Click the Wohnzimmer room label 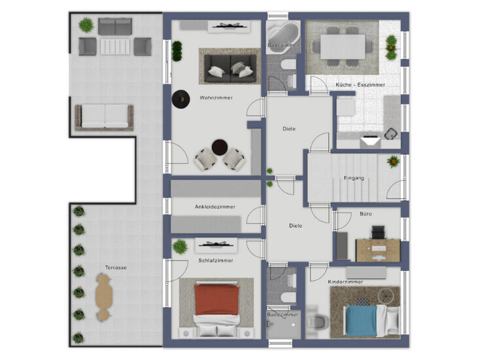(216, 98)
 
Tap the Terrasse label (116, 268)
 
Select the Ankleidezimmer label (215, 207)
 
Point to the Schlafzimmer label (216, 261)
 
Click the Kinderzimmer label (345, 281)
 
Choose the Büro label (366, 214)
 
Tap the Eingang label (354, 178)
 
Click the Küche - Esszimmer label (360, 84)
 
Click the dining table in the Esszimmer (343, 46)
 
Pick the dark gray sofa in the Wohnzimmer (230, 69)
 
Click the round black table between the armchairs (220, 147)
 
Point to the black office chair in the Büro (378, 232)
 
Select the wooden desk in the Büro (378, 251)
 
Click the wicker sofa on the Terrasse (104, 117)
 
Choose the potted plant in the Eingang (393, 162)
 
